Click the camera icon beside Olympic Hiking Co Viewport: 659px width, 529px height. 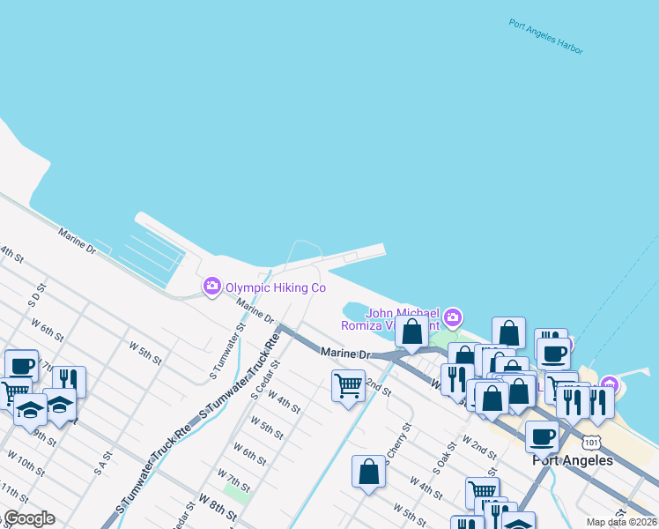tap(211, 287)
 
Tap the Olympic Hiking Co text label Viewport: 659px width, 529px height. tap(276, 287)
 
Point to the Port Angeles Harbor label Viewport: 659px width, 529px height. tap(546, 36)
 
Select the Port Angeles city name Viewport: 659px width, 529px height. tap(573, 460)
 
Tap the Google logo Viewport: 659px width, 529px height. tap(28, 518)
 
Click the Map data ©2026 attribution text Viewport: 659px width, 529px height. tap(621, 522)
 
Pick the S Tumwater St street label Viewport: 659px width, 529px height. tap(226, 351)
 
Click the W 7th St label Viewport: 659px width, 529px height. tap(233, 481)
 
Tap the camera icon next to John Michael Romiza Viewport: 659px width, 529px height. tap(453, 317)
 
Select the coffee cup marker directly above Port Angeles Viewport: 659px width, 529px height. tap(543, 436)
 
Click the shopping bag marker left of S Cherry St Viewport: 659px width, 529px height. tap(369, 471)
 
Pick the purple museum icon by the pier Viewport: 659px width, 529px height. tap(609, 384)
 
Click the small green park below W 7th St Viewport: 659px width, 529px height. tap(236, 490)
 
